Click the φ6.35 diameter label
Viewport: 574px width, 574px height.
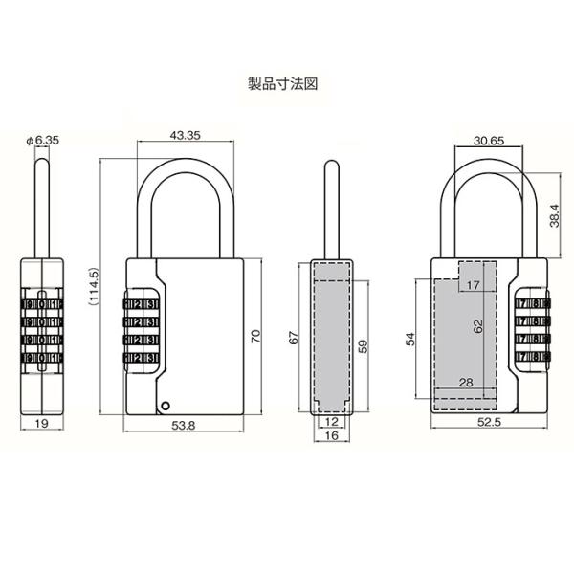(x=42, y=140)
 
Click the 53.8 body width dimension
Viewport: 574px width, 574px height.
(x=187, y=426)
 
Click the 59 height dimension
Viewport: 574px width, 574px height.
(x=363, y=346)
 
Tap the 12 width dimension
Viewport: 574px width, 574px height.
(x=331, y=421)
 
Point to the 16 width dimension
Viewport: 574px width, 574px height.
(x=331, y=435)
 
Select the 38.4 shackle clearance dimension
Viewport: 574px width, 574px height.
(x=556, y=216)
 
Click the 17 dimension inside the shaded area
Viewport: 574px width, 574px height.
(x=472, y=285)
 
